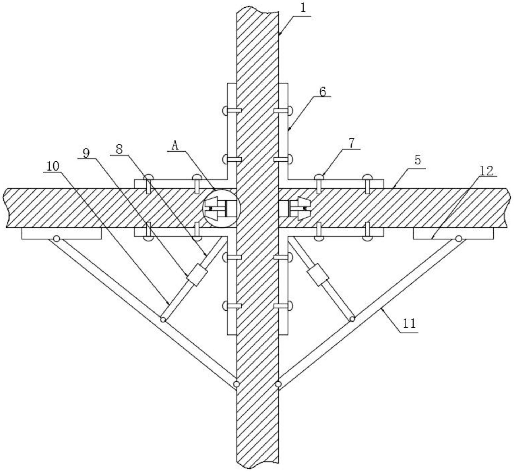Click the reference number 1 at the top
click(x=303, y=8)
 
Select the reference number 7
click(x=351, y=143)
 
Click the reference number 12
click(x=486, y=171)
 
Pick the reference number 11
click(x=409, y=323)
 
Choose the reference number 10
click(x=53, y=166)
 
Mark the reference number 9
click(x=86, y=153)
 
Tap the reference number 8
click(x=119, y=149)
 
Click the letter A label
click(x=175, y=146)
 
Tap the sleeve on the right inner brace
click(x=318, y=274)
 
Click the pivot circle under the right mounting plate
click(x=459, y=239)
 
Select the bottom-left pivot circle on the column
click(x=237, y=384)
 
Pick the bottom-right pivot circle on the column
click(x=278, y=384)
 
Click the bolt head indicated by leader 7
click(x=319, y=176)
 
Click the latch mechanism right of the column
click(x=295, y=209)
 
